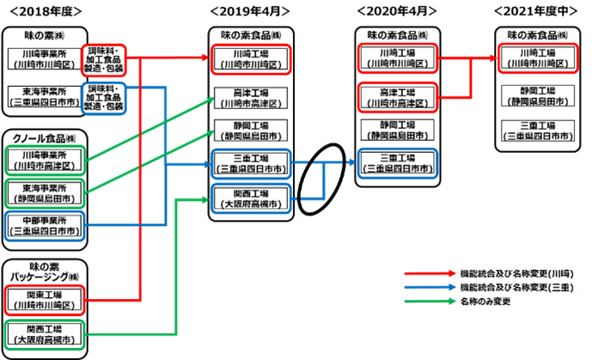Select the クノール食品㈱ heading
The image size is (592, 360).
[x=43, y=137]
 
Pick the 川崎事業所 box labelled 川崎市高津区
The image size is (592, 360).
[x=43, y=161]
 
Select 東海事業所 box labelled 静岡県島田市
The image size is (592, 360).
[x=43, y=193]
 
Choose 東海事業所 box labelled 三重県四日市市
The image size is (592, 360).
[x=43, y=97]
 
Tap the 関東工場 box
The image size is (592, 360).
[x=43, y=299]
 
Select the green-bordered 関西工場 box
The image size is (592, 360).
[x=43, y=333]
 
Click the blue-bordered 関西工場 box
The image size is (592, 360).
[x=251, y=199]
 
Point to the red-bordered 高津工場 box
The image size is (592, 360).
[x=397, y=96]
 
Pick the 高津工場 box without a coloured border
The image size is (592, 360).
[x=251, y=97]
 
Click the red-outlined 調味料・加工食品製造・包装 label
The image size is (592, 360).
[x=104, y=58]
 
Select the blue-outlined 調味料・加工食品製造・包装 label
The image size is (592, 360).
[x=104, y=96]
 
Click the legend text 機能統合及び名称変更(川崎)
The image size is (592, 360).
[x=510, y=272]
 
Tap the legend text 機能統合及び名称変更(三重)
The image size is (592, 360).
[x=510, y=287]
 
